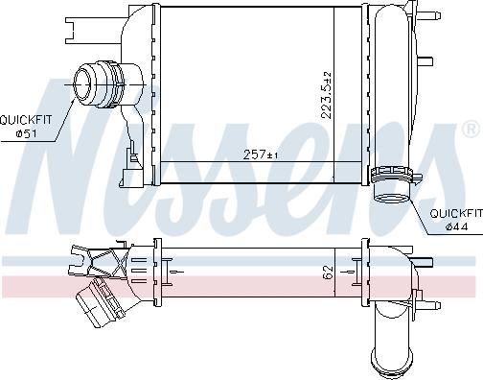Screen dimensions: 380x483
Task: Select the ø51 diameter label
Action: (x=25, y=132)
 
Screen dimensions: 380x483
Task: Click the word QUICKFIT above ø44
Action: (x=454, y=213)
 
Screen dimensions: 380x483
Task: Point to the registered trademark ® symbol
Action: (x=471, y=128)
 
